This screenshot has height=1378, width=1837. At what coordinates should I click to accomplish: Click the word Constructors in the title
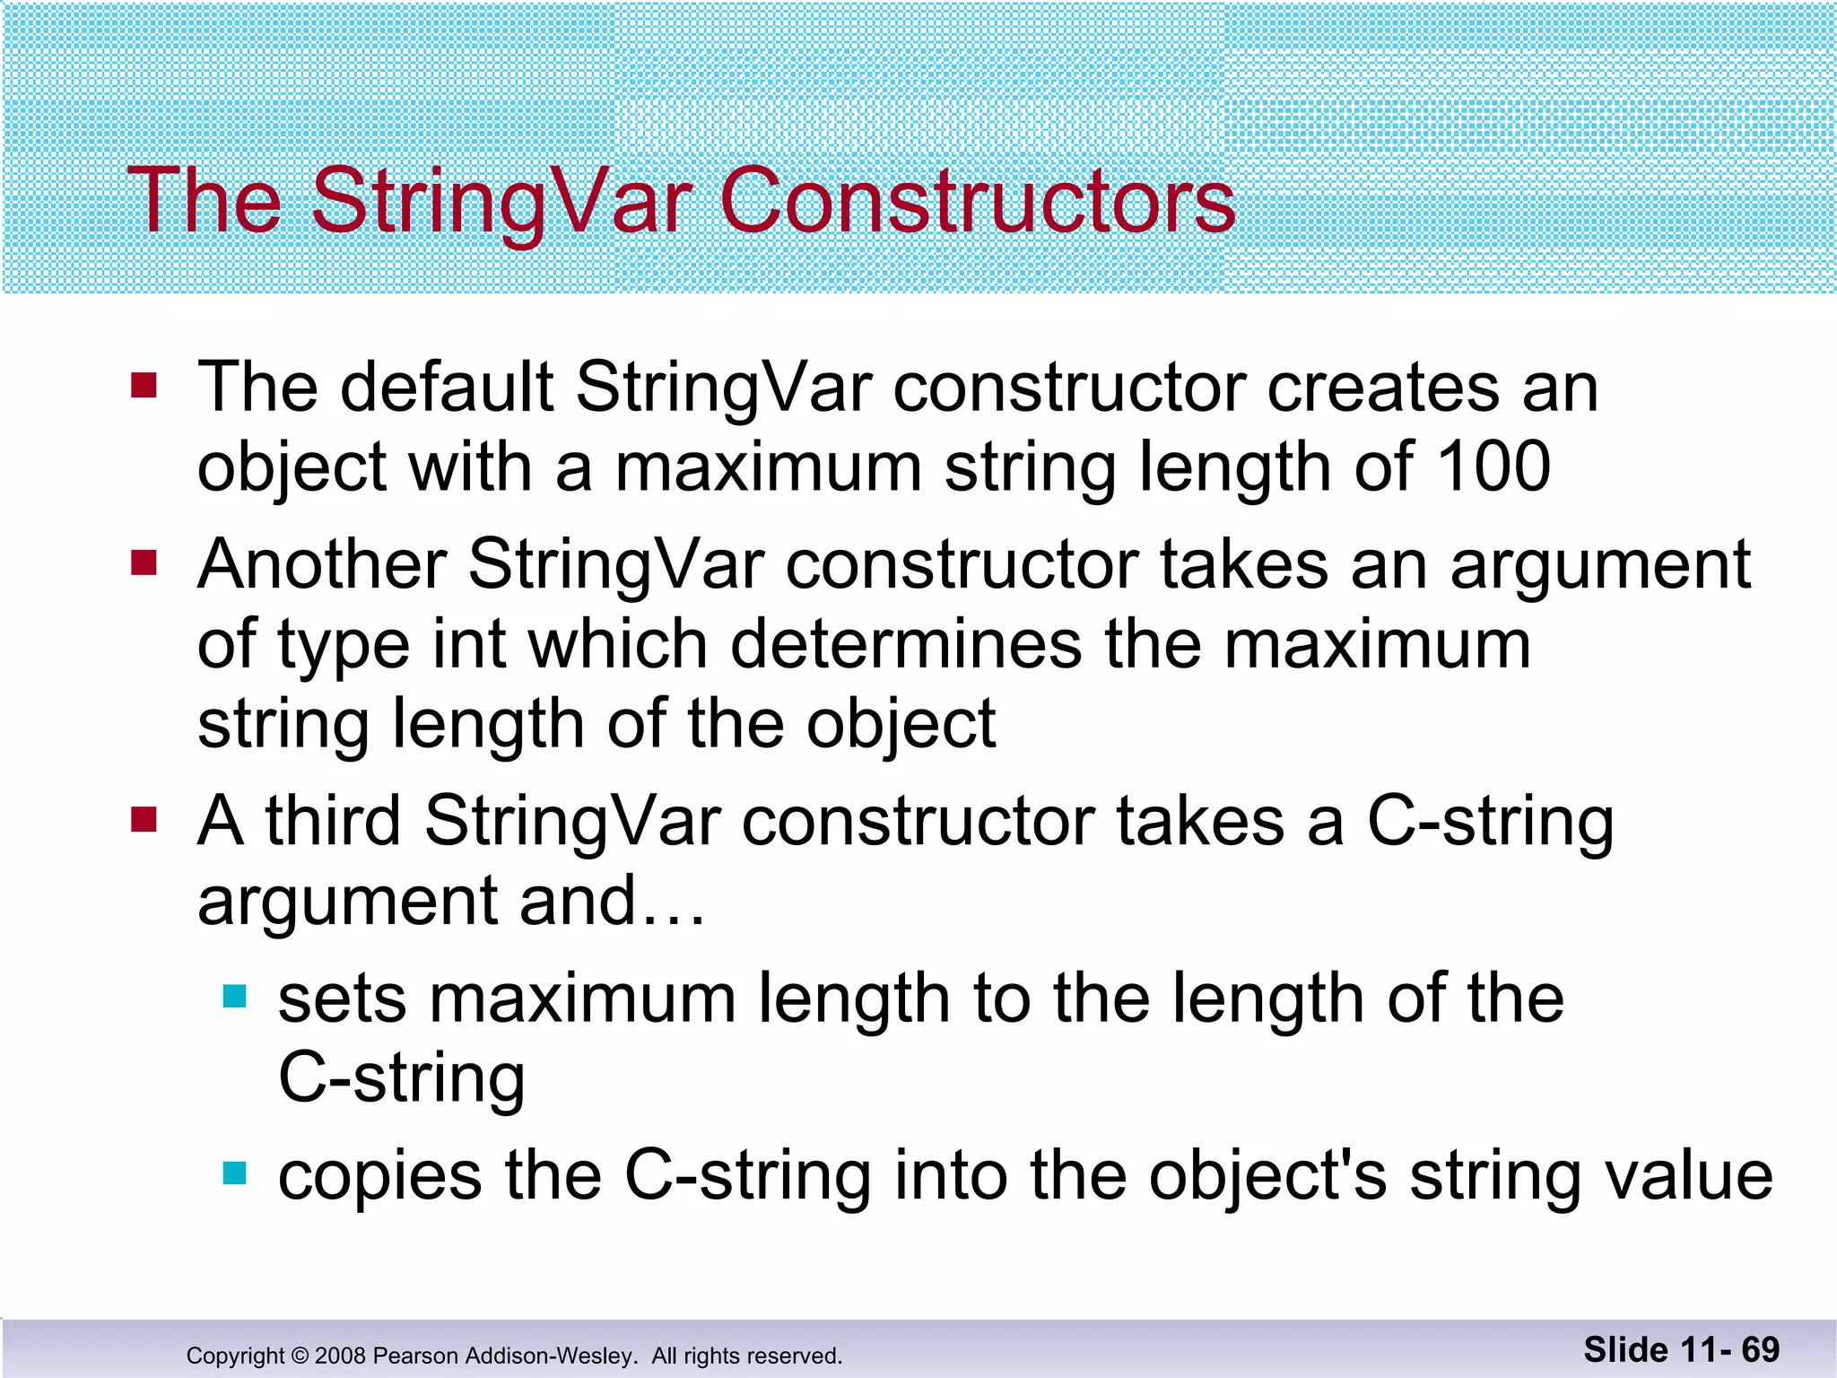click(x=977, y=201)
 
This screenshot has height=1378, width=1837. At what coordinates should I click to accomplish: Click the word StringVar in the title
click(x=501, y=201)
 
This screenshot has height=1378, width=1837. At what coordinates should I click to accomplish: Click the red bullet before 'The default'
click(x=144, y=386)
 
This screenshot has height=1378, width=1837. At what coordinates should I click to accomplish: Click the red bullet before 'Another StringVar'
click(x=144, y=563)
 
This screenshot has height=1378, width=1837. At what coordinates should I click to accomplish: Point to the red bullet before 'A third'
click(x=144, y=819)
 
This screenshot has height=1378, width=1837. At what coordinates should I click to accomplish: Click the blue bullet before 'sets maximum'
click(x=234, y=996)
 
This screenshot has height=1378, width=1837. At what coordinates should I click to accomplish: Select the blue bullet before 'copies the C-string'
click(x=234, y=1173)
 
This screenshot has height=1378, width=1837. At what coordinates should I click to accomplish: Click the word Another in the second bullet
click(x=322, y=565)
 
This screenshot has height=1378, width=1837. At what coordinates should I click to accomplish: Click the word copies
click(x=379, y=1177)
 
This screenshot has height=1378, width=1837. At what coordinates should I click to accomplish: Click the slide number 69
click(x=1760, y=1349)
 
